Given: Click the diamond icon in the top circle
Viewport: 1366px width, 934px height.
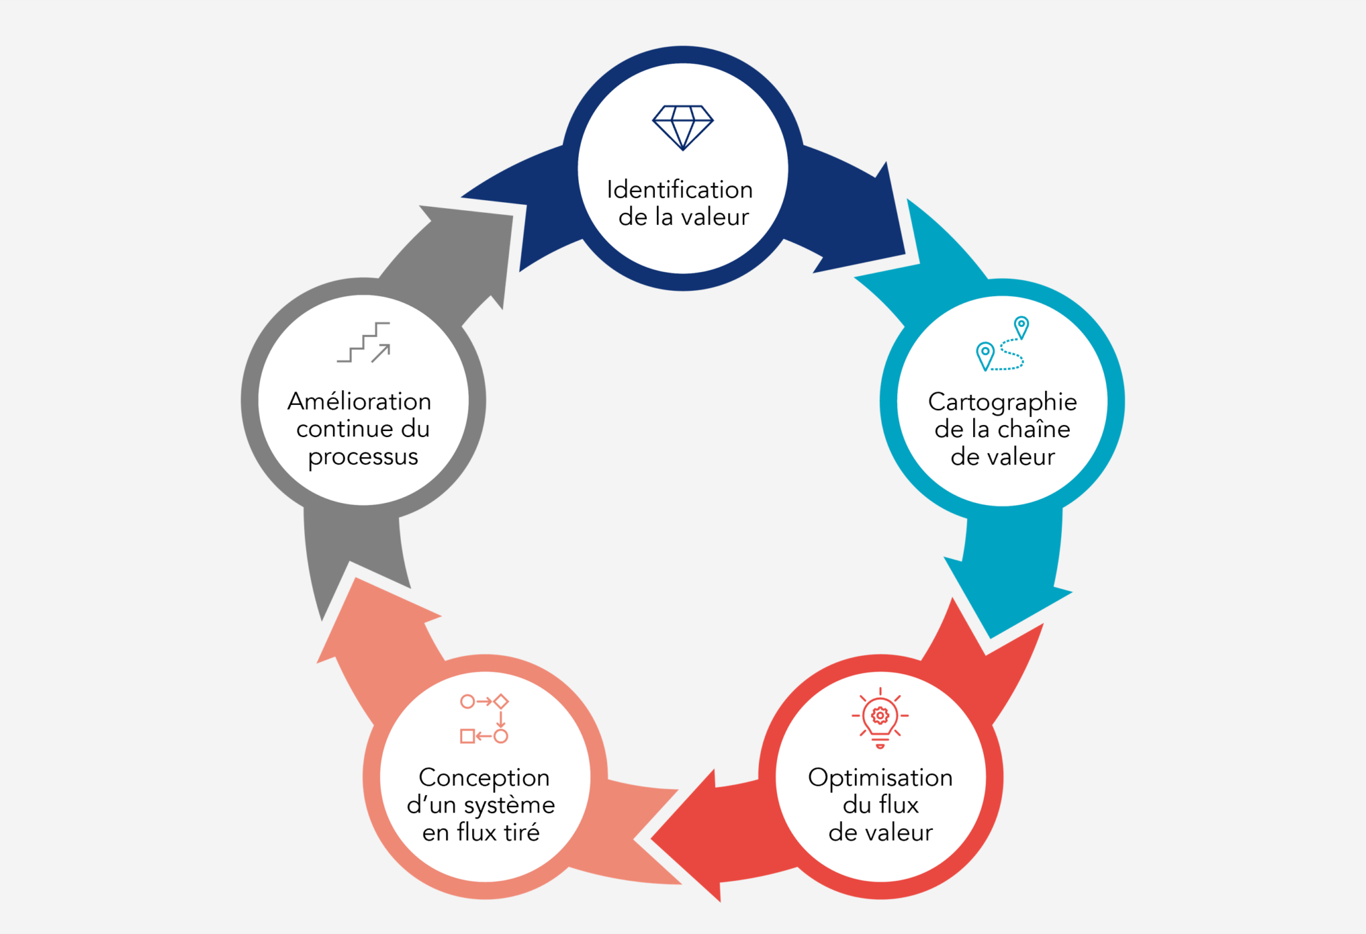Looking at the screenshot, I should (x=682, y=127).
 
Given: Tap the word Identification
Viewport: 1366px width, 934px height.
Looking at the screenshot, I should (x=679, y=190).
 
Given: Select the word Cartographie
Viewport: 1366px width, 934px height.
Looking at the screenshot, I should (x=1002, y=402).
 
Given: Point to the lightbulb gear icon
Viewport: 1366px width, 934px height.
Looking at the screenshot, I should (x=880, y=718).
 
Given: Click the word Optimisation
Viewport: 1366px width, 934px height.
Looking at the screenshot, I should (x=880, y=778).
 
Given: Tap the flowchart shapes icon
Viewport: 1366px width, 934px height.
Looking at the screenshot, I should (x=484, y=719).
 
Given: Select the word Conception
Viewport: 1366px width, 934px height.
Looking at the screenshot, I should (x=484, y=778).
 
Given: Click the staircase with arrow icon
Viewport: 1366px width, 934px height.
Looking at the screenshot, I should (x=364, y=342).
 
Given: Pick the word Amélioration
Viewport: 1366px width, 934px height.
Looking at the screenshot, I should (x=359, y=402).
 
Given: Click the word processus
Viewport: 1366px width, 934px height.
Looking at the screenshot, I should (x=363, y=458).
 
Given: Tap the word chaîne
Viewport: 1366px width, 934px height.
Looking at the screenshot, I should (x=1035, y=429).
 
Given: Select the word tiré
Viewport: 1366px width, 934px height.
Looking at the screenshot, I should (x=522, y=833).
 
